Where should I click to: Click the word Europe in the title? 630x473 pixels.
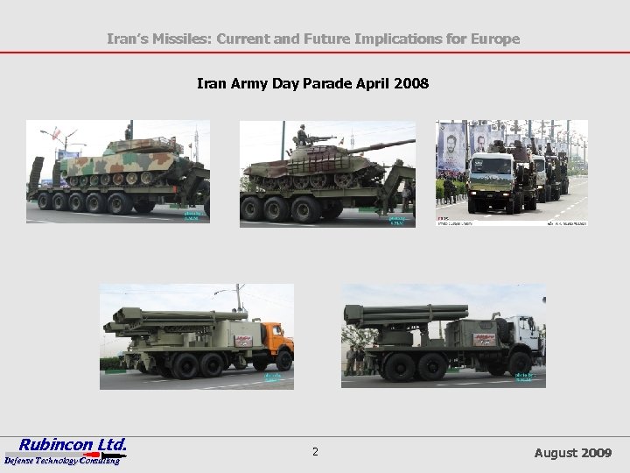coord(494,39)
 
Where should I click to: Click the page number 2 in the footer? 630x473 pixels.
coord(315,452)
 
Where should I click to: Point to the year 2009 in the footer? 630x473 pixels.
coord(597,453)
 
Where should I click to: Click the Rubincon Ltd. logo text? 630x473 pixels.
coord(73,444)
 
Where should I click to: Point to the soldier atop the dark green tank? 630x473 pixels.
coord(303,136)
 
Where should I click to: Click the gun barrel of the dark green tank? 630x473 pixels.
coord(381,145)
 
